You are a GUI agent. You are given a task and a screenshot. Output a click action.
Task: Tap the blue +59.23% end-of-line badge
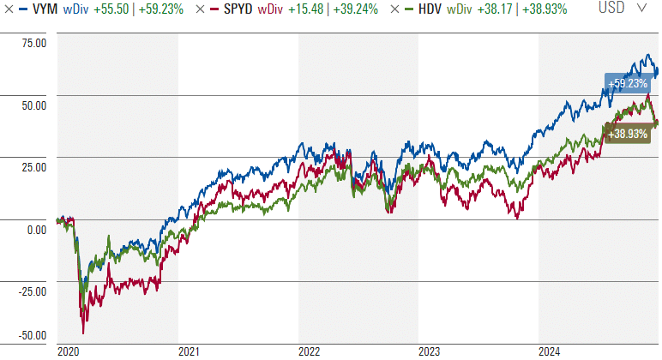628,82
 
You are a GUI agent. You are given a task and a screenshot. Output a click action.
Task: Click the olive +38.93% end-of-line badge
628,135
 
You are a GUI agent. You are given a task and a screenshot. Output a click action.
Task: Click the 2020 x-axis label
69,351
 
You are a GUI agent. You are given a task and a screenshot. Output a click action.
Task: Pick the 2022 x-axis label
309,351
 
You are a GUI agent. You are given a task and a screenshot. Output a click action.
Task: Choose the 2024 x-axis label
549,351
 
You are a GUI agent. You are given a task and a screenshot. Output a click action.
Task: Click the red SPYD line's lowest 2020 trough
83,333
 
